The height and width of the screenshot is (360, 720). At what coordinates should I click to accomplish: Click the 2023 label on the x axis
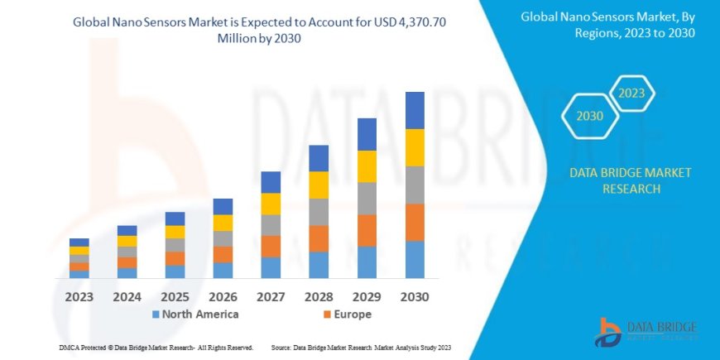pyautogui.click(x=79, y=295)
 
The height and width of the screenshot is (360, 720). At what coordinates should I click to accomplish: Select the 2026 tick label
pyautogui.click(x=223, y=295)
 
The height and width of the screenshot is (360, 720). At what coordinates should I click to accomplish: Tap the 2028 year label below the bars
pyautogui.click(x=319, y=295)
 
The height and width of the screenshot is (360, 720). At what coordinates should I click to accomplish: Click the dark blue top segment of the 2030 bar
pyautogui.click(x=415, y=110)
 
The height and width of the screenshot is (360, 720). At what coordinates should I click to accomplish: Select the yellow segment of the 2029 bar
pyautogui.click(x=367, y=166)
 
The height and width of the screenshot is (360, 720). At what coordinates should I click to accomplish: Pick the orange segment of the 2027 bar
pyautogui.click(x=271, y=246)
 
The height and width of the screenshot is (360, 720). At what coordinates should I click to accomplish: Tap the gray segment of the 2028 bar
pyautogui.click(x=319, y=212)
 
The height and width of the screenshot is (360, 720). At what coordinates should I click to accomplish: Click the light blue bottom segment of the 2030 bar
pyautogui.click(x=415, y=259)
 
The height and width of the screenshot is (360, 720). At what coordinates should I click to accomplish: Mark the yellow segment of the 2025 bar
pyautogui.click(x=175, y=232)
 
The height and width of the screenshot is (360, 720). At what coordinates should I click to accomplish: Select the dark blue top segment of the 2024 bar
pyautogui.click(x=127, y=230)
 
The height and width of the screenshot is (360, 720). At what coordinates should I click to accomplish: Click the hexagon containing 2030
pyautogui.click(x=589, y=117)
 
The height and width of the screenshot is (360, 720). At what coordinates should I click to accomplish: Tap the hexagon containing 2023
pyautogui.click(x=630, y=93)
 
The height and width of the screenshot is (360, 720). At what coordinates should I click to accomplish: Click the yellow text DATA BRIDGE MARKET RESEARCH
pyautogui.click(x=630, y=180)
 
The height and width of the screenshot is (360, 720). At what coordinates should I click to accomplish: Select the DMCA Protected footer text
pyautogui.click(x=156, y=347)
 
